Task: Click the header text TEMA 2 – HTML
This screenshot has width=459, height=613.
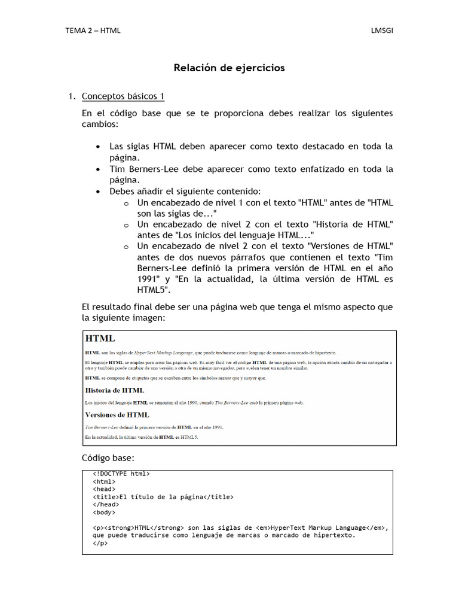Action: coord(93,31)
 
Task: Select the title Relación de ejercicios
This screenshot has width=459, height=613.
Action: coord(229,68)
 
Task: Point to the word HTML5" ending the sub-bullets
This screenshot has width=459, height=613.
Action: coord(154,290)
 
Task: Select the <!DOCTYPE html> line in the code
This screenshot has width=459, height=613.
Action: coord(121,474)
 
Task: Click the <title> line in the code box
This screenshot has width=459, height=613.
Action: coord(163,497)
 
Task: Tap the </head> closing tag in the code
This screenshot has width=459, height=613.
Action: coord(106,505)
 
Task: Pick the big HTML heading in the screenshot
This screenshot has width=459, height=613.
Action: coord(100,339)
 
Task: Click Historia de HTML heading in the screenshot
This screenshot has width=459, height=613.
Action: coord(115,390)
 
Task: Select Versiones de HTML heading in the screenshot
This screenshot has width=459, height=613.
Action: coord(117,414)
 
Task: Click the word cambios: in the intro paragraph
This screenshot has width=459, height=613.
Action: coord(100,124)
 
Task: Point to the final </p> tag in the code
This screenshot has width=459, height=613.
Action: coord(100,544)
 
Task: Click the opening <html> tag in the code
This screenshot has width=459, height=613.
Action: coord(104,481)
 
